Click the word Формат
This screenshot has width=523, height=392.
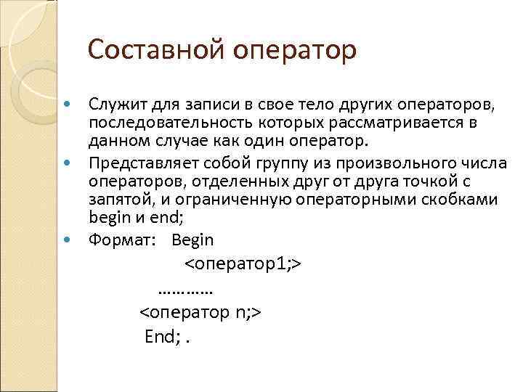pos(118,239)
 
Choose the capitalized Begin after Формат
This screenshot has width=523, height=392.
pos(192,239)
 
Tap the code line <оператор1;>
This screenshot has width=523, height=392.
pos(243,264)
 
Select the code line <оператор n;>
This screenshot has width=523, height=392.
pos(200,313)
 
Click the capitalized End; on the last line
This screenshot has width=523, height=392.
pos(162,337)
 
